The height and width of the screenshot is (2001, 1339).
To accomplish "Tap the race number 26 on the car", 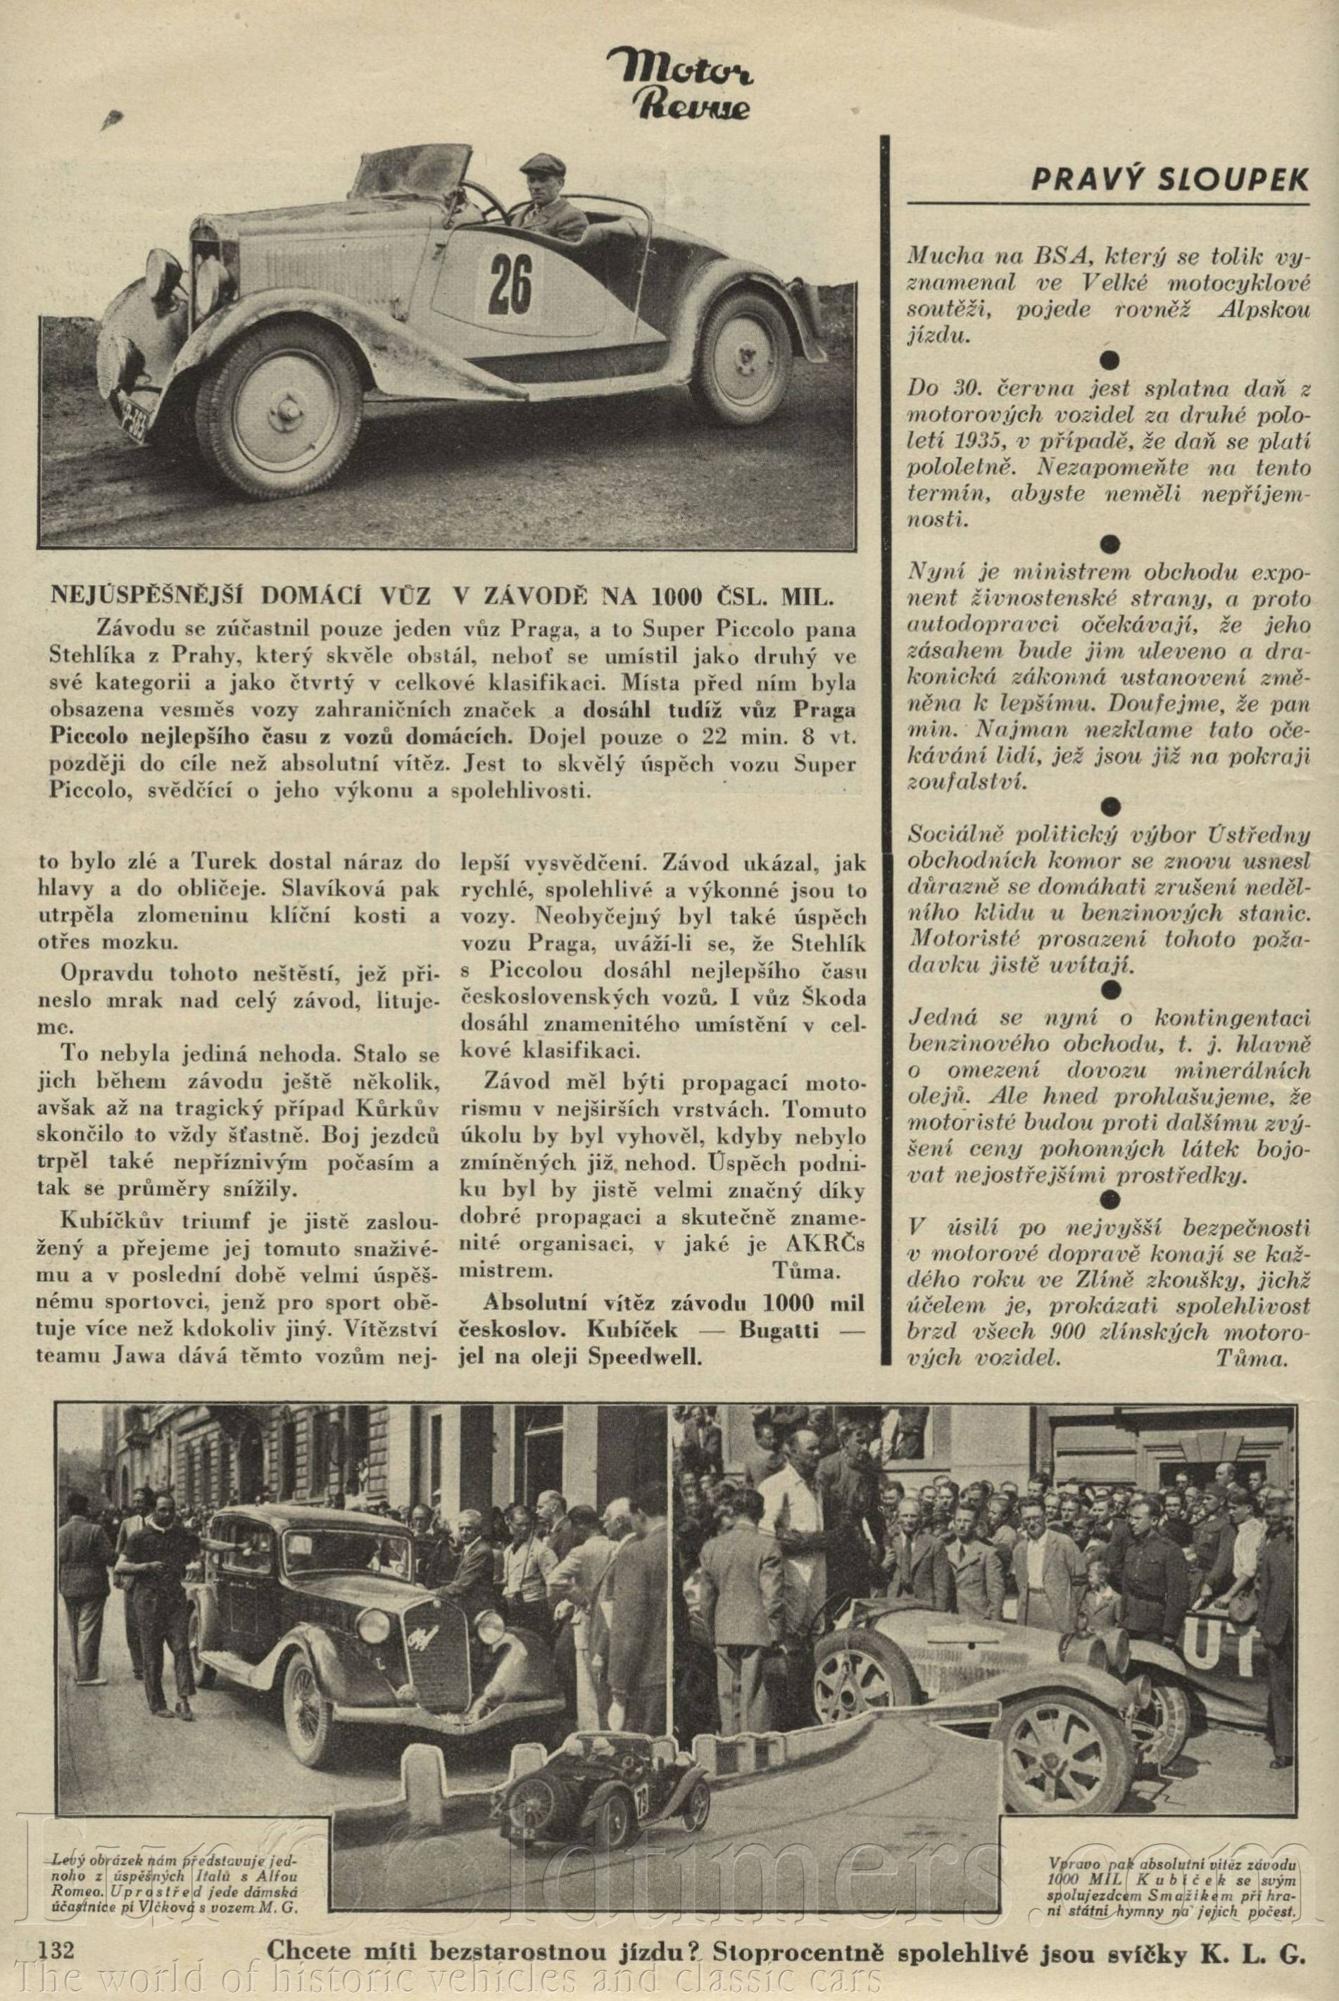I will [x=510, y=285].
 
